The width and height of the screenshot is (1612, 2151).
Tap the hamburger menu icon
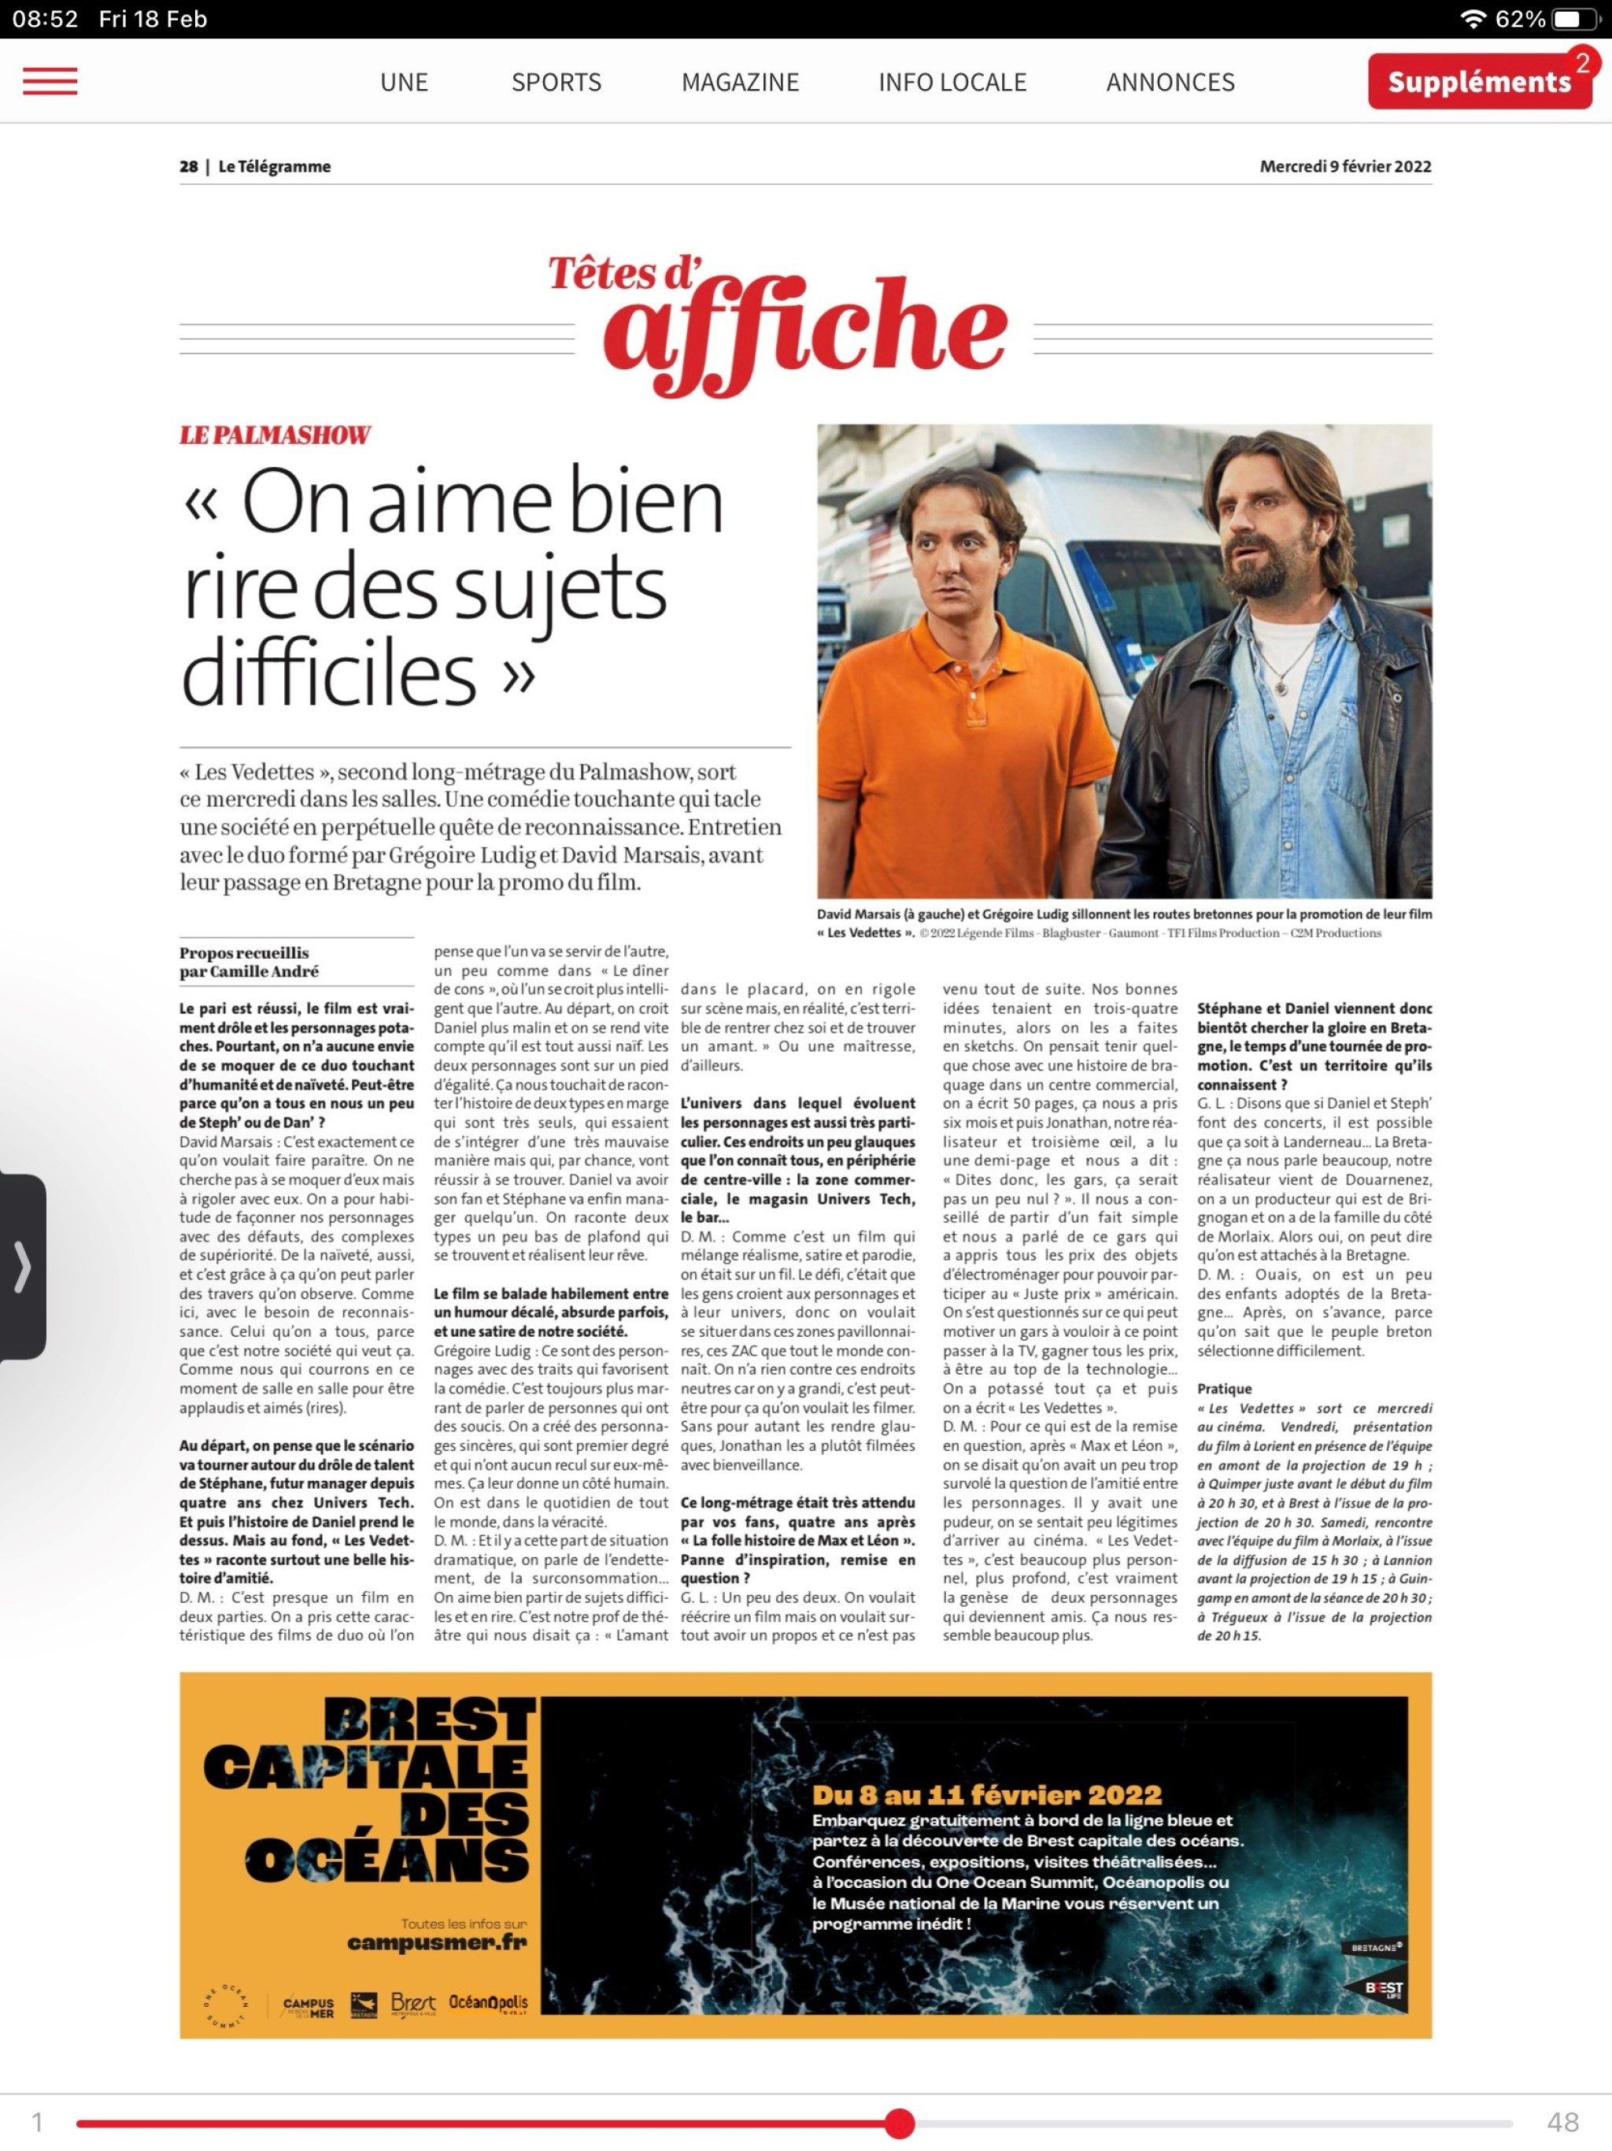click(50, 82)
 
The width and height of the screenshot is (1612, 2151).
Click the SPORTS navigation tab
click(556, 83)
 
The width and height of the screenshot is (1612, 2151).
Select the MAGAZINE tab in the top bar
click(740, 83)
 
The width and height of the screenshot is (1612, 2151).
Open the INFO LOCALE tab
click(952, 83)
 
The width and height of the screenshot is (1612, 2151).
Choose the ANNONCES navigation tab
click(1170, 83)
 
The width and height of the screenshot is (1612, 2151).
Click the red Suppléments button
click(1478, 82)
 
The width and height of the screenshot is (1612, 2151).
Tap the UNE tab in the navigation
click(404, 83)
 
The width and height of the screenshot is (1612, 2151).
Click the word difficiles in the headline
click(329, 674)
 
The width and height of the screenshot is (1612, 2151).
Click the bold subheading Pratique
click(1224, 1389)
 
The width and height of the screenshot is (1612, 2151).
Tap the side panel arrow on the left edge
click(21, 1266)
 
